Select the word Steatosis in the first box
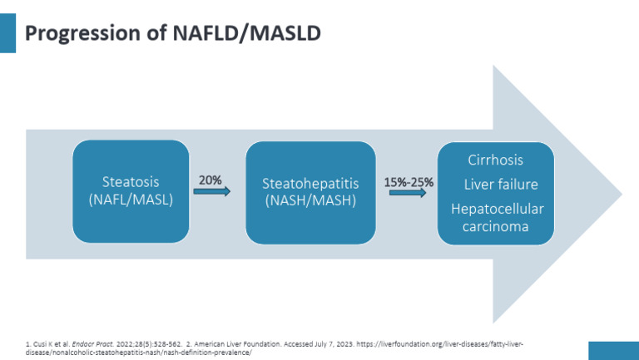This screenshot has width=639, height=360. pyautogui.click(x=131, y=181)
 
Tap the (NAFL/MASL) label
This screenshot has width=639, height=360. pyautogui.click(x=131, y=200)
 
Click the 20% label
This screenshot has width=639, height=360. pyautogui.click(x=210, y=179)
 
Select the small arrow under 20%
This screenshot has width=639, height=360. pyautogui.click(x=211, y=191)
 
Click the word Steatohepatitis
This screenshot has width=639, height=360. pyautogui.click(x=310, y=183)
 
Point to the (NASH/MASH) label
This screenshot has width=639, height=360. pyautogui.click(x=310, y=201)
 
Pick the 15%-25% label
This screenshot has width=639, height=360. pyautogui.click(x=407, y=181)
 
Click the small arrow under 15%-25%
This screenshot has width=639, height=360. pyautogui.click(x=407, y=194)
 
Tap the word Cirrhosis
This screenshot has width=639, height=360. pyautogui.click(x=496, y=160)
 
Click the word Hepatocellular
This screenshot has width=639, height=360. pyautogui.click(x=497, y=208)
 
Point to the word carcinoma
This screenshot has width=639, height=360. pyautogui.click(x=497, y=225)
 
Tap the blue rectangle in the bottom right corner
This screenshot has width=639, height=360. pyautogui.click(x=613, y=350)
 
